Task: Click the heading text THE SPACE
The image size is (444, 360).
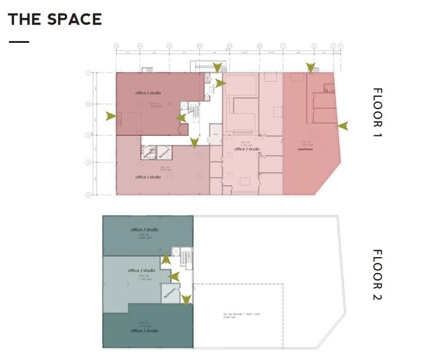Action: [x=54, y=19]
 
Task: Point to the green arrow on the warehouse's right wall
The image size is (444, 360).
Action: [x=342, y=126]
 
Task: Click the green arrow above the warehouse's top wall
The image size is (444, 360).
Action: [x=311, y=67]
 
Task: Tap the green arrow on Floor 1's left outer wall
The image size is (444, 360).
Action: [x=111, y=115]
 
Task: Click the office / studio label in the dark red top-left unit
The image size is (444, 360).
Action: [x=148, y=92]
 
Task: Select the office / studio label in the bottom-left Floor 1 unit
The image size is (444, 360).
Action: [x=148, y=177]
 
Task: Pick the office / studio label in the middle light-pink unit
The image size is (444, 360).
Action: [x=247, y=149]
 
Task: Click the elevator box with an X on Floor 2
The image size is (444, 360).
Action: [x=176, y=251]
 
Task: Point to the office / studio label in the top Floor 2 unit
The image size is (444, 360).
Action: [x=144, y=230]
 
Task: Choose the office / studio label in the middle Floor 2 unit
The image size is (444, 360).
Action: [x=142, y=270]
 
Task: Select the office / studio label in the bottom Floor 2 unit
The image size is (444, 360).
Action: [x=144, y=331]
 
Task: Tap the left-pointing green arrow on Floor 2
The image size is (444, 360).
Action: [x=174, y=276]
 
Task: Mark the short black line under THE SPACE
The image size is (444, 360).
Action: [x=19, y=42]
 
